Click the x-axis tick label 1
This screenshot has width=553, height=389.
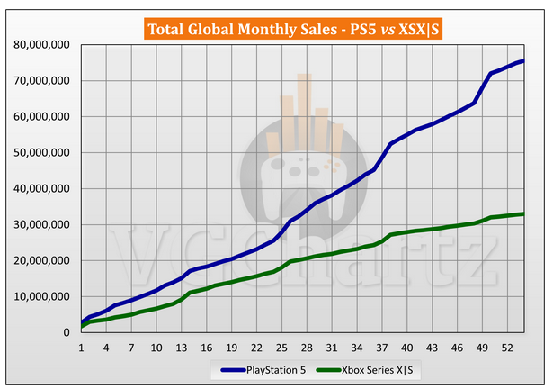tap(82, 347)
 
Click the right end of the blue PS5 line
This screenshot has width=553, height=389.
tap(524, 60)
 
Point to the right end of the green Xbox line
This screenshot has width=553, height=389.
tap(524, 213)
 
